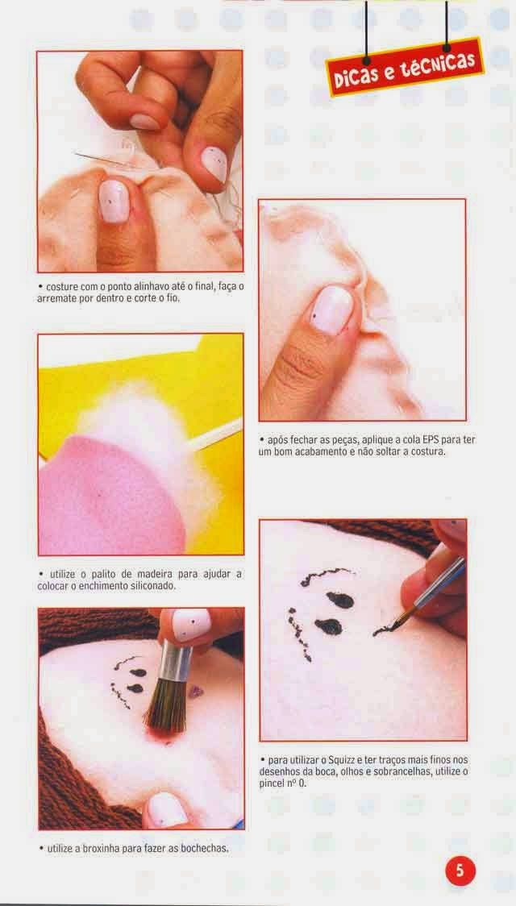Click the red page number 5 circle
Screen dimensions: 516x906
(460, 871)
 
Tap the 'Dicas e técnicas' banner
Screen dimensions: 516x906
(405, 66)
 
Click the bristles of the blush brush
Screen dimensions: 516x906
(164, 706)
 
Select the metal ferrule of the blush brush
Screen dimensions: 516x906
(176, 662)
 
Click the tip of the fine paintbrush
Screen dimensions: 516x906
(376, 634)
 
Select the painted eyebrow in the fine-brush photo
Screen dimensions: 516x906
(327, 576)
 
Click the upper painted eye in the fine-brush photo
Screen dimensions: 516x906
(339, 600)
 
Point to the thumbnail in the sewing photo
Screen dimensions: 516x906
(114, 201)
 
